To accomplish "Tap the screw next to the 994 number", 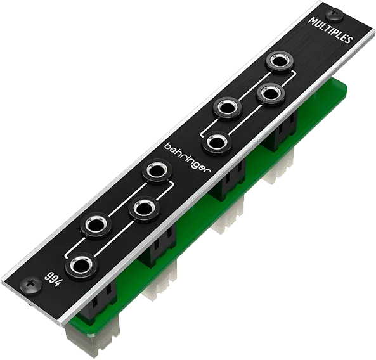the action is click(30, 284).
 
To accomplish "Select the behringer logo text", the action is click(188, 159).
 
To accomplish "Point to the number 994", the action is click(53, 280).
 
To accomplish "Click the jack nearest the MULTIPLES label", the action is click(280, 61).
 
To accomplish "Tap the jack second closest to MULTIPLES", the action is click(271, 93).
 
